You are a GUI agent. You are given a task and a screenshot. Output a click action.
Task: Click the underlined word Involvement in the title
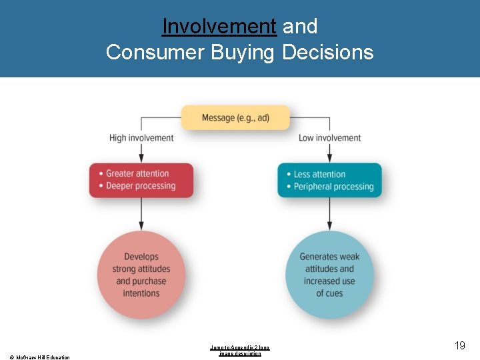(x=219, y=27)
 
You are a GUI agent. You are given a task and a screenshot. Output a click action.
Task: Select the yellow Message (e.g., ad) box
(x=236, y=118)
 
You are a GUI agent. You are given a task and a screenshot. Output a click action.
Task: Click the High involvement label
(x=141, y=138)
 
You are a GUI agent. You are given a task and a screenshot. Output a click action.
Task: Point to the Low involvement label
(x=329, y=138)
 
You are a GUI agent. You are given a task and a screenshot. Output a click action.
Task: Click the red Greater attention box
(x=141, y=180)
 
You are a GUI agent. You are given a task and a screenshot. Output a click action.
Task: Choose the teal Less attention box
(x=330, y=181)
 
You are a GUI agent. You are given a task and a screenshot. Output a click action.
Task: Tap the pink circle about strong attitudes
(x=141, y=275)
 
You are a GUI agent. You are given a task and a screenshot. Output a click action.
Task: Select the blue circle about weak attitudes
(x=329, y=275)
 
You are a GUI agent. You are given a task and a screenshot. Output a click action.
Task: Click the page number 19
(x=459, y=345)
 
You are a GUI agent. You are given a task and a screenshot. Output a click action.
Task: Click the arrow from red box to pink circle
(x=141, y=214)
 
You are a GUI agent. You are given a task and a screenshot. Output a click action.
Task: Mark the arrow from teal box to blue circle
(x=330, y=214)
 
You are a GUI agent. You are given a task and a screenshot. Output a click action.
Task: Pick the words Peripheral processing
(x=333, y=187)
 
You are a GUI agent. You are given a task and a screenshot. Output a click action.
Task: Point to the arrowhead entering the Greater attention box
(x=141, y=157)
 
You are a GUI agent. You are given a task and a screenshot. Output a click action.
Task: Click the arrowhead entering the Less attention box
(x=330, y=157)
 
